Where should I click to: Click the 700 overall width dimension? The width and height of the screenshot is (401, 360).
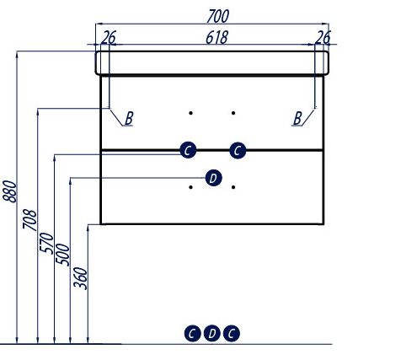(x=217, y=16)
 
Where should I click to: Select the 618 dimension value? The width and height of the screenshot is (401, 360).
(x=217, y=37)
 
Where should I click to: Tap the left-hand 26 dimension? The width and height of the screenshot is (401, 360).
(x=108, y=37)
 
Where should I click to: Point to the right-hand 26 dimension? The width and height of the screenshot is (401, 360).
(x=323, y=37)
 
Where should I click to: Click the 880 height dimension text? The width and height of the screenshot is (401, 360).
(x=9, y=191)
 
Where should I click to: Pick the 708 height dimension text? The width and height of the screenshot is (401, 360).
(x=29, y=219)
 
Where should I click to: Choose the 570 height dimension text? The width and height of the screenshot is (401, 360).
(x=46, y=244)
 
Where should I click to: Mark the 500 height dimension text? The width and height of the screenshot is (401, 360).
(x=62, y=255)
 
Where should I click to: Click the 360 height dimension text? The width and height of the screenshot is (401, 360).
(x=80, y=278)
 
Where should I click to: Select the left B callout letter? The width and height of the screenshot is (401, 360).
(x=129, y=118)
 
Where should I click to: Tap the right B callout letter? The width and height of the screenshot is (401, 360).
(x=297, y=118)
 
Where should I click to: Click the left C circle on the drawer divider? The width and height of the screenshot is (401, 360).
(x=188, y=150)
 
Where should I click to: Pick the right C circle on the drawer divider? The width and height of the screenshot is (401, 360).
(x=238, y=150)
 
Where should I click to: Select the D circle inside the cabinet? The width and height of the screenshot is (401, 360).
(x=213, y=178)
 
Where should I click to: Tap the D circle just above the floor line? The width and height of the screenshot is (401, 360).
(x=212, y=334)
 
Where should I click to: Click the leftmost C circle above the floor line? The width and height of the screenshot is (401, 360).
(x=192, y=334)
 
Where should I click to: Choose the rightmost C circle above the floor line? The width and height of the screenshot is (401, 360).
(x=232, y=334)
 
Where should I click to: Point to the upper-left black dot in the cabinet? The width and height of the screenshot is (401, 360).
(x=190, y=113)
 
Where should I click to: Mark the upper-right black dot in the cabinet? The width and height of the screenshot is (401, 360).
(x=233, y=113)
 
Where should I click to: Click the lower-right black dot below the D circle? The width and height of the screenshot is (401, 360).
(x=233, y=187)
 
